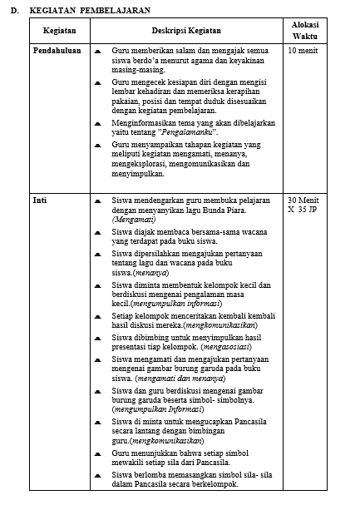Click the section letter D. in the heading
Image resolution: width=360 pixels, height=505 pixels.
tap(13, 11)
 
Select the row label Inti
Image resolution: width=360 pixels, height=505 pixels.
tap(40, 201)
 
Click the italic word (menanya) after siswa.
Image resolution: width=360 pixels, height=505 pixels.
tap(151, 272)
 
